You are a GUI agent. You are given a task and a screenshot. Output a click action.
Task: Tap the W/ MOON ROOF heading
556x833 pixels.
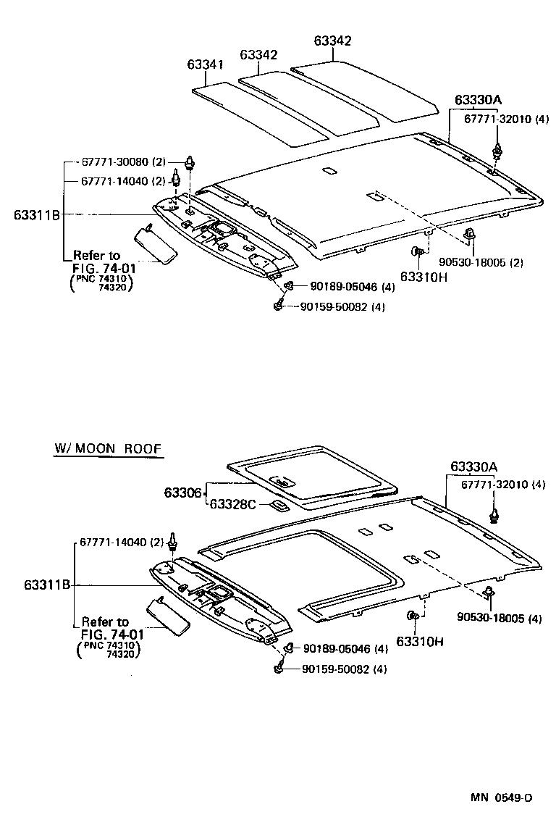pyautogui.click(x=107, y=449)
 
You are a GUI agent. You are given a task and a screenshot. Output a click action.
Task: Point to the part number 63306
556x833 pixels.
pyautogui.click(x=182, y=493)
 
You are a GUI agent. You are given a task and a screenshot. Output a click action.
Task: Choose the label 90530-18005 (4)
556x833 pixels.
pyautogui.click(x=499, y=617)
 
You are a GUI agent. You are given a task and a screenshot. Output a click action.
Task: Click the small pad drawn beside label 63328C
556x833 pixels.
pyautogui.click(x=278, y=505)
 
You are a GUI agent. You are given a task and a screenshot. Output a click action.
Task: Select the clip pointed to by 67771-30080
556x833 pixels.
pyautogui.click(x=191, y=162)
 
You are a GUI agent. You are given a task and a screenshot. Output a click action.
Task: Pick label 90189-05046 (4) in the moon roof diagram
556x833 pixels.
pyautogui.click(x=345, y=649)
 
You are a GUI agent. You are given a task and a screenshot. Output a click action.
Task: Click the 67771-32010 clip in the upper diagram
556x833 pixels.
pyautogui.click(x=497, y=151)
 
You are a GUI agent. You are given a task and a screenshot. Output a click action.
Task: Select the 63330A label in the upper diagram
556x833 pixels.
pyautogui.click(x=479, y=99)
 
